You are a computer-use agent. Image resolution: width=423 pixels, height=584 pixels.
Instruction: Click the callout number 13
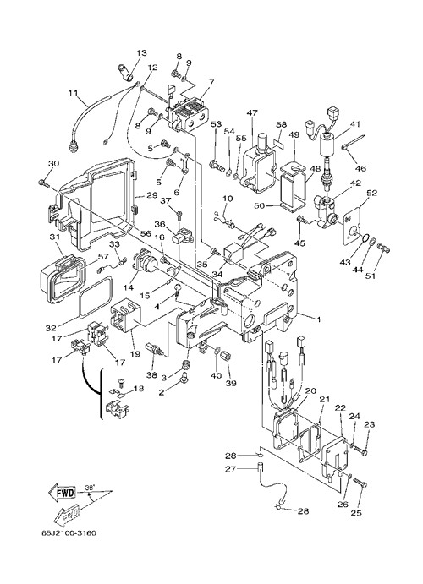[x=142, y=53]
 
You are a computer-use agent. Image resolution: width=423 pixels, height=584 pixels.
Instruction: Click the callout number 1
[x=318, y=319]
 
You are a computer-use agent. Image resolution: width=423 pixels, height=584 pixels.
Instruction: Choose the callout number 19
[x=135, y=354]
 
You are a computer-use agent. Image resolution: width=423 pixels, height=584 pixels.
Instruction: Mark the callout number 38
[x=151, y=375]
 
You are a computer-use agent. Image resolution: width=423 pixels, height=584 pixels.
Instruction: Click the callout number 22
[x=341, y=408]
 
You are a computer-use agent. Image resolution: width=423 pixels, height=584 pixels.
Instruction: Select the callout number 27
[x=231, y=468]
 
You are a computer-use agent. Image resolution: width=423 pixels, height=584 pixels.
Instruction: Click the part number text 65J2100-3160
[x=69, y=533]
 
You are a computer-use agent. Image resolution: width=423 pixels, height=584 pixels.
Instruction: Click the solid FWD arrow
[x=63, y=493]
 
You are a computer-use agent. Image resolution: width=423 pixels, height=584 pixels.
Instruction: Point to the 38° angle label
[x=90, y=487]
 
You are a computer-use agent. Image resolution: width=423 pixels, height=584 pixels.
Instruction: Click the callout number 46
[x=360, y=168]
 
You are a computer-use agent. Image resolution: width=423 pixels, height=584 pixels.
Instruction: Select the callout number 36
[x=160, y=224]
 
